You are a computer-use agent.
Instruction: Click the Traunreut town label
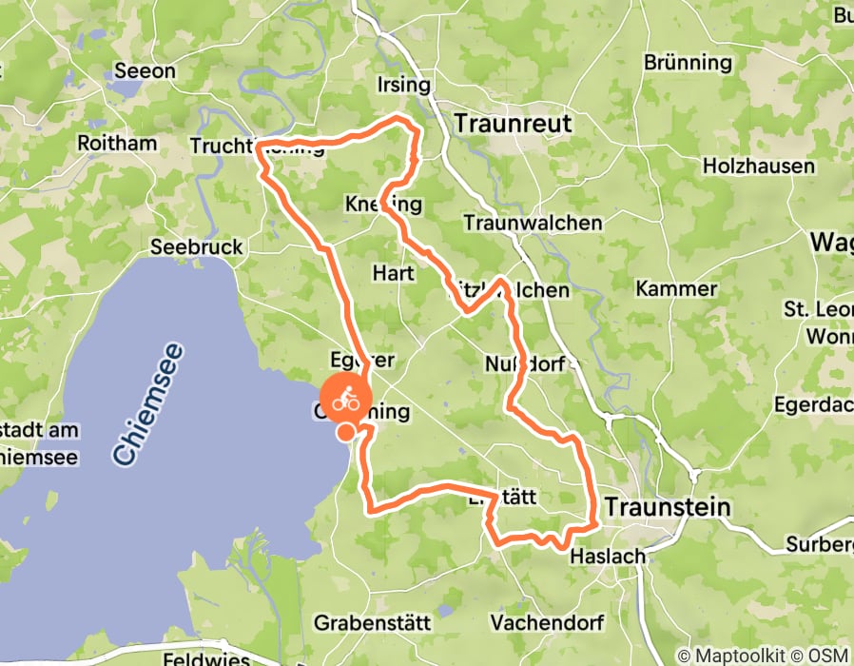click(x=513, y=123)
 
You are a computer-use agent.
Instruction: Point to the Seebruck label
click(x=197, y=247)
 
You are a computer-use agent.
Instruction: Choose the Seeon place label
click(x=145, y=70)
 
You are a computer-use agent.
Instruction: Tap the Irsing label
click(x=404, y=84)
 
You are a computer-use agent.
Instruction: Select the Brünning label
click(x=688, y=63)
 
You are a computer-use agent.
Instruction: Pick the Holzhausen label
click(x=758, y=166)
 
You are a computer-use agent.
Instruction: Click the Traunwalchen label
click(x=533, y=223)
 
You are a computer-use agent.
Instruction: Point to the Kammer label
click(x=676, y=288)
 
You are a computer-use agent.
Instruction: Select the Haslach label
click(x=607, y=556)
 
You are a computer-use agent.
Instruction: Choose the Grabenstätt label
click(x=372, y=623)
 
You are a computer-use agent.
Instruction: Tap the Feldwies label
click(x=205, y=658)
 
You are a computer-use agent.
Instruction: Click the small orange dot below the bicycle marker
click(x=347, y=433)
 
